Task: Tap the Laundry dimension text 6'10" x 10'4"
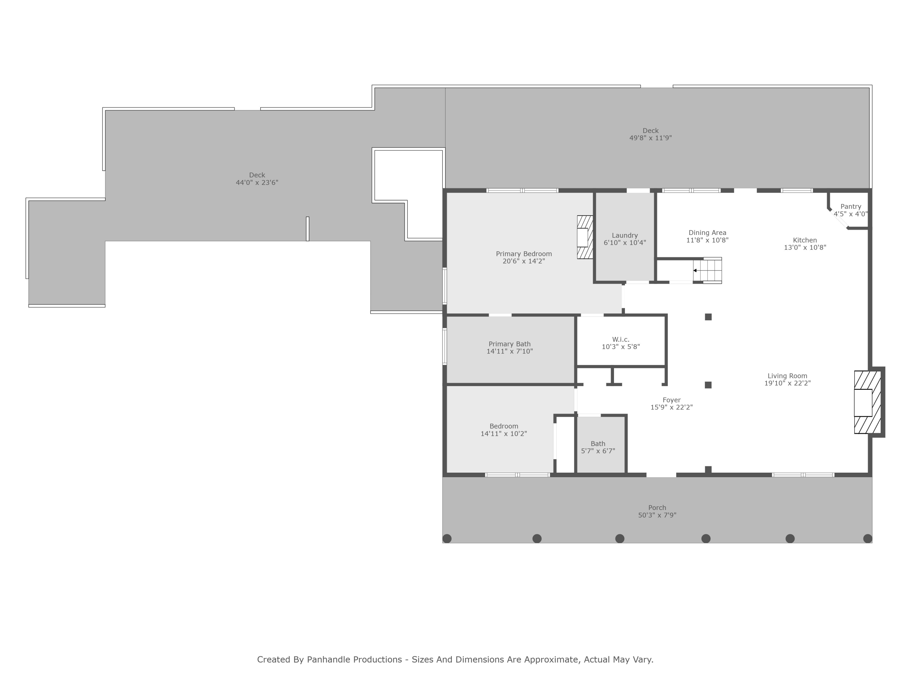625,243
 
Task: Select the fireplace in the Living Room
867,402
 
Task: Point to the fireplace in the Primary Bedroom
585,237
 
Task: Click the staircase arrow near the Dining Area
695,270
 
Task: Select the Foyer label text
671,400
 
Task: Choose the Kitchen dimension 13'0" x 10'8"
805,247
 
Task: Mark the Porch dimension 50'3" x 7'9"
657,515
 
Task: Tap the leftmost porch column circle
447,539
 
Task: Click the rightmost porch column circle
867,539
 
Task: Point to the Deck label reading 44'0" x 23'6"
257,182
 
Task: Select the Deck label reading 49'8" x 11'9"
650,138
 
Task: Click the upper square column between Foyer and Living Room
708,317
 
